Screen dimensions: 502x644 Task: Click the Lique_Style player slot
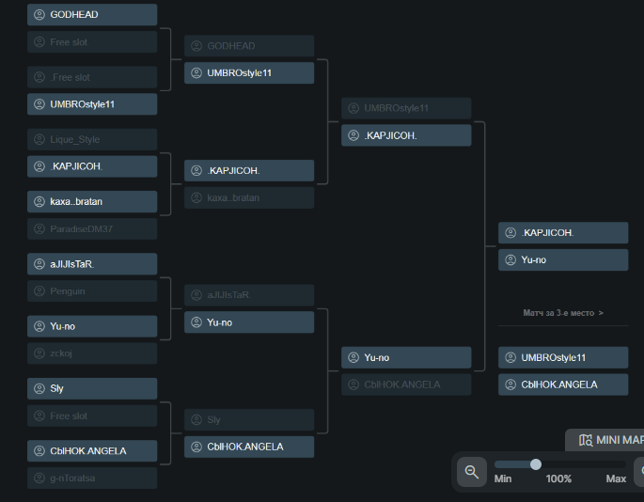[91, 139]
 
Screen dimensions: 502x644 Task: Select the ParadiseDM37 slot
[91, 228]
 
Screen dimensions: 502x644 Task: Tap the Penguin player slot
[91, 291]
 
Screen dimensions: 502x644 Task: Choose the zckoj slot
[91, 353]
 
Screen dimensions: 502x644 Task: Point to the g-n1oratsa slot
[91, 478]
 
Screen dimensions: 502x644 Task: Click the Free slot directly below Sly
[91, 416]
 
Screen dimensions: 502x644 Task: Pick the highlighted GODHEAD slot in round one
[91, 15]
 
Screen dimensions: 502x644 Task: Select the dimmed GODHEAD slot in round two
[248, 46]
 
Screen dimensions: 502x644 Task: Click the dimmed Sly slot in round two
[248, 419]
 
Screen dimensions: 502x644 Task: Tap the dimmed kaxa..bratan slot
[248, 197]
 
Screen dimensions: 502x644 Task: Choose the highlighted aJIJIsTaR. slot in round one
[91, 264]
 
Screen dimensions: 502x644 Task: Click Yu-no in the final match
[562, 259]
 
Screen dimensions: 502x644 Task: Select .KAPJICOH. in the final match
[562, 233]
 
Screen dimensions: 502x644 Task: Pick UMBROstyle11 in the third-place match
[562, 357]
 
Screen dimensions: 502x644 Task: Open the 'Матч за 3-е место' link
[563, 313]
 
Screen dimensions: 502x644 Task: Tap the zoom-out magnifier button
[472, 470]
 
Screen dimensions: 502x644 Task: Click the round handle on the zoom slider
[536, 464]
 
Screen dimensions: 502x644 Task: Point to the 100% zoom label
[558, 479]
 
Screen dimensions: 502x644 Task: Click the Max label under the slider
[616, 479]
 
